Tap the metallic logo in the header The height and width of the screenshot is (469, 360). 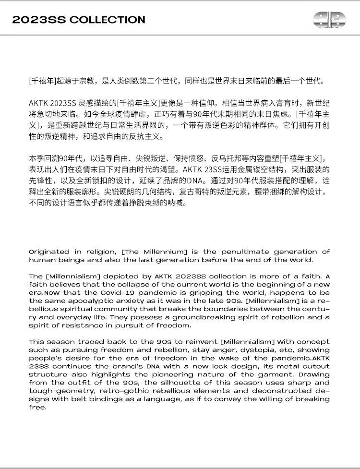(329, 19)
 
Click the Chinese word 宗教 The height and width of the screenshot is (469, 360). (90, 81)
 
